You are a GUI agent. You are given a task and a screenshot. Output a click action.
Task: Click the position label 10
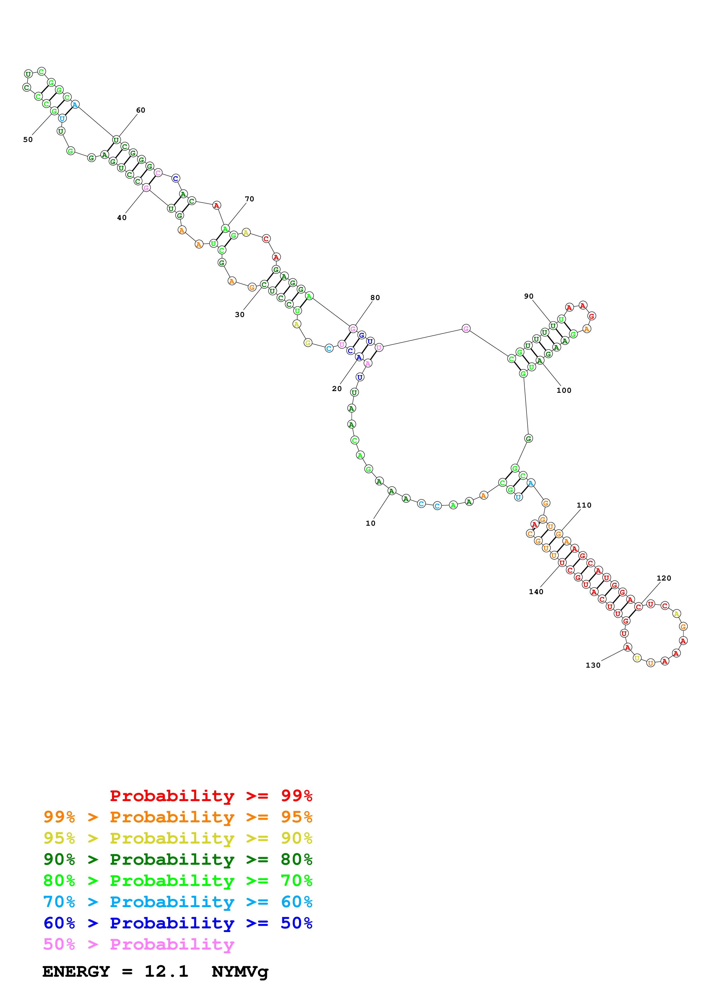(x=370, y=523)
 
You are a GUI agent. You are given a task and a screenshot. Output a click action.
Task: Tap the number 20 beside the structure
(x=337, y=389)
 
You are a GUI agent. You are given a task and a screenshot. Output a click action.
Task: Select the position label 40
(x=122, y=218)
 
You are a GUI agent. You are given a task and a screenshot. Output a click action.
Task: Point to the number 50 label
(x=28, y=140)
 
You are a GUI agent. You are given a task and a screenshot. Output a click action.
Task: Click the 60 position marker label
(x=140, y=110)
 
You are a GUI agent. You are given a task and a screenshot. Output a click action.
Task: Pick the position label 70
(x=249, y=199)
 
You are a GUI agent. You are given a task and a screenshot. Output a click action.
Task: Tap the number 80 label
(x=375, y=298)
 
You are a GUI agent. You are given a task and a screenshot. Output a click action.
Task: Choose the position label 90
(x=529, y=296)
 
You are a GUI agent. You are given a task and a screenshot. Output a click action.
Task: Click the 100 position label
(x=564, y=391)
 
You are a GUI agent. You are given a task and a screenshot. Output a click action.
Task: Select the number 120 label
(x=664, y=578)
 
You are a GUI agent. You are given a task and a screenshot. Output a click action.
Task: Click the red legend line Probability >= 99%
(x=211, y=796)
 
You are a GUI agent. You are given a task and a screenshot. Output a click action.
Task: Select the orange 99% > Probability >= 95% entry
(x=178, y=817)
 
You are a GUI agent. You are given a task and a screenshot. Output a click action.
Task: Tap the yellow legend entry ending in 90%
(x=178, y=838)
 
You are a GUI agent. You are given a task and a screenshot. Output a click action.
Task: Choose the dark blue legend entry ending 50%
(x=178, y=923)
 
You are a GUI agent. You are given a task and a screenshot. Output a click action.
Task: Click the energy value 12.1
(x=166, y=971)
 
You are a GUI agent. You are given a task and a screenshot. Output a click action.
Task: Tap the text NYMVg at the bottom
(x=240, y=972)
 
